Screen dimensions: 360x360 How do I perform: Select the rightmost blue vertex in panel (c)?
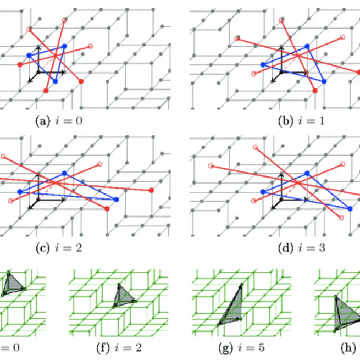(x=116, y=200)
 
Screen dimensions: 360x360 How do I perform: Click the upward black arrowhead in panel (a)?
(x=38, y=49)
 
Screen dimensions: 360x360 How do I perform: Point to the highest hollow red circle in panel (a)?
(x=65, y=20)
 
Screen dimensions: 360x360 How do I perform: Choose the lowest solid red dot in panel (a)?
(x=46, y=91)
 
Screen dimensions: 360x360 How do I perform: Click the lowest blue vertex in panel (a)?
(x=55, y=81)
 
